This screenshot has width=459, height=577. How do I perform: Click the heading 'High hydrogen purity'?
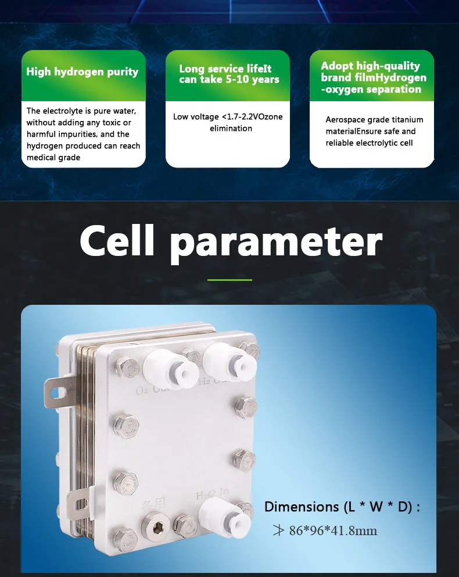[x=82, y=72]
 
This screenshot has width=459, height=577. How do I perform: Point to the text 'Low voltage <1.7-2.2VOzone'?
[x=228, y=117]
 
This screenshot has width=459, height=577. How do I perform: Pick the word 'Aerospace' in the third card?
[x=346, y=120]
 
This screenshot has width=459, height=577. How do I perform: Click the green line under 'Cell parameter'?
[x=229, y=280]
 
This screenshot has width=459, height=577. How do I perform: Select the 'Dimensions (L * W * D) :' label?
[x=342, y=507]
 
